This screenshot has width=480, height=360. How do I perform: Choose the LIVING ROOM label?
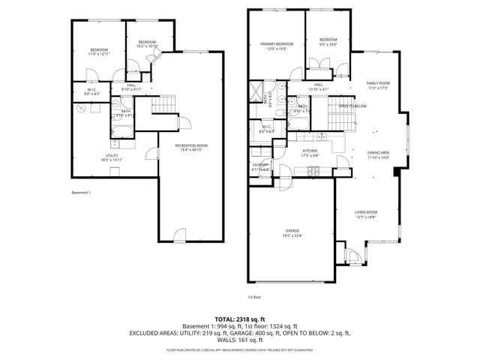point(366,214)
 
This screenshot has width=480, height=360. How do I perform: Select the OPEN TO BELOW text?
point(352,106)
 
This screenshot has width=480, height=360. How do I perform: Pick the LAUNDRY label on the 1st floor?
point(260,167)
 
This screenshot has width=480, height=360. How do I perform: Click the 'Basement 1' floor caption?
point(80,193)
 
